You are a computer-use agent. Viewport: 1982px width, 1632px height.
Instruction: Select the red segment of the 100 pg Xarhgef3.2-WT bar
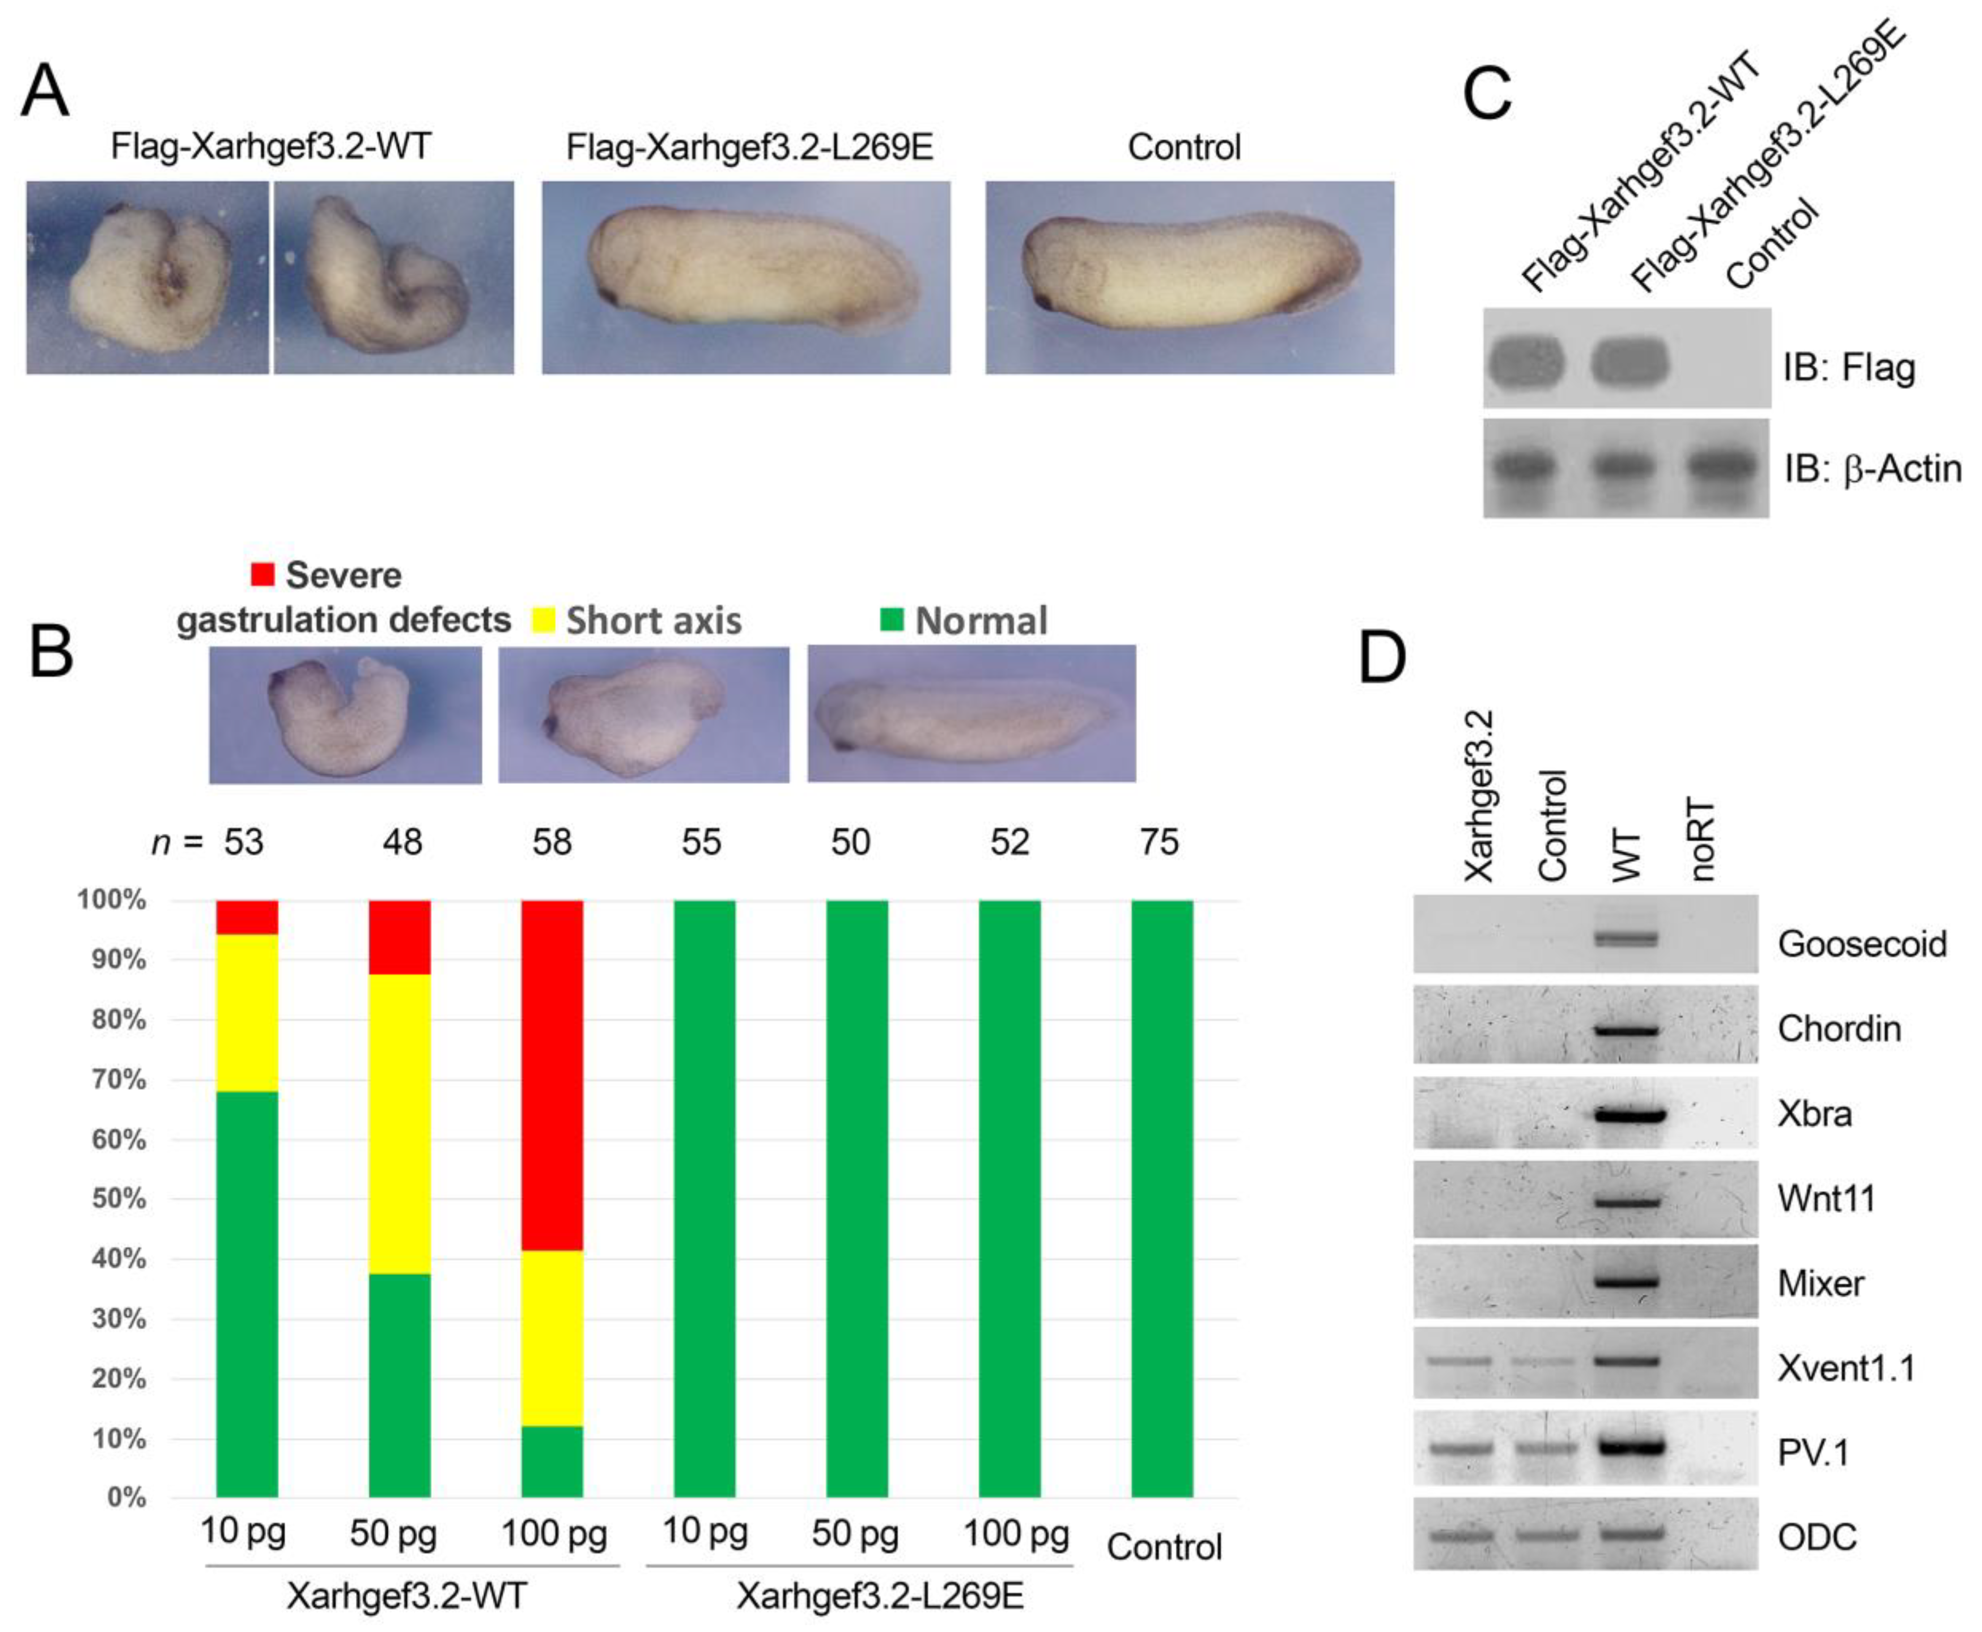[x=552, y=1075]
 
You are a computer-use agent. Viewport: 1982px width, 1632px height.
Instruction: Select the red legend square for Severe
[x=263, y=573]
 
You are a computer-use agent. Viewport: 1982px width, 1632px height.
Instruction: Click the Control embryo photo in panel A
[x=1190, y=277]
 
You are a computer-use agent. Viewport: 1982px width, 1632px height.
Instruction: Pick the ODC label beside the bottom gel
[x=1817, y=1537]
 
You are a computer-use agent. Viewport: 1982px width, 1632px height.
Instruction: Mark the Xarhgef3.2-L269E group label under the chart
[x=879, y=1595]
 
